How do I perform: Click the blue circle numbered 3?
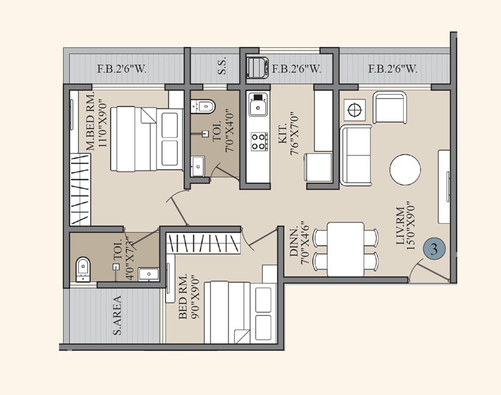tap(434, 250)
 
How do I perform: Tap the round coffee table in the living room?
tap(405, 169)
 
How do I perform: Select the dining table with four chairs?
tap(346, 246)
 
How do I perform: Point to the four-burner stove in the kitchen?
tap(259, 141)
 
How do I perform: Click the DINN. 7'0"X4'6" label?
tap(306, 243)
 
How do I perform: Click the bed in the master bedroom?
tap(146, 139)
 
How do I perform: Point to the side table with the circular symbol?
tap(354, 108)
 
